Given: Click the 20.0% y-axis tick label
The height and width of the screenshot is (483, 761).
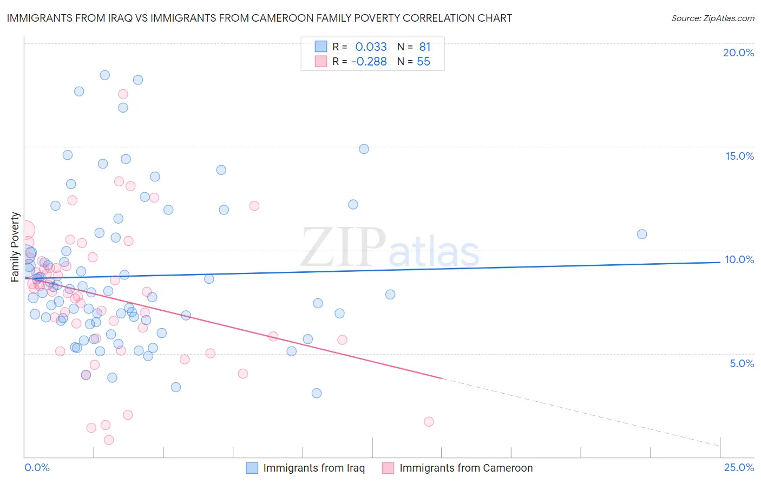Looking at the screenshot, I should pyautogui.click(x=738, y=53).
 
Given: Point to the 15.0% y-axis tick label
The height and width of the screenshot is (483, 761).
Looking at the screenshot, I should pyautogui.click(x=739, y=156).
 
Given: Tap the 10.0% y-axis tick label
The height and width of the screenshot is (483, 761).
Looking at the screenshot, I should pyautogui.click(x=739, y=259).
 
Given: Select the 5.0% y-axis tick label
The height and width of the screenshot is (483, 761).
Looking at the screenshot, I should pyautogui.click(x=742, y=363).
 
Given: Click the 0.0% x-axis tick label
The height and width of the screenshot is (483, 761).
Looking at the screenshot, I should pyautogui.click(x=37, y=467).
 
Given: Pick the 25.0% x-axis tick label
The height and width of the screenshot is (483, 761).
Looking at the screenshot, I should pyautogui.click(x=739, y=467).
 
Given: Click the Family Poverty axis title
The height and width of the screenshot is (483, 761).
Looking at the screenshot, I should pyautogui.click(x=15, y=247).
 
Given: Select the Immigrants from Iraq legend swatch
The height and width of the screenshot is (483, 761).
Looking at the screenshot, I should pyautogui.click(x=252, y=468).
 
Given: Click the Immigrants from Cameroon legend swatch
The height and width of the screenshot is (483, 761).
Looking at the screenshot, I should pyautogui.click(x=388, y=468).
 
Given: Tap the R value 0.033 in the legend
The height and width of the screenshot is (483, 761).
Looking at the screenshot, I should pyautogui.click(x=371, y=47).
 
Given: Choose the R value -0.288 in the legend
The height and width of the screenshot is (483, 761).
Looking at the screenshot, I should pyautogui.click(x=369, y=62).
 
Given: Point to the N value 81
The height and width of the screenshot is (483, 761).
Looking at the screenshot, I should pyautogui.click(x=424, y=47).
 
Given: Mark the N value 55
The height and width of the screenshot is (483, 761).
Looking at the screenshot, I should pyautogui.click(x=423, y=62).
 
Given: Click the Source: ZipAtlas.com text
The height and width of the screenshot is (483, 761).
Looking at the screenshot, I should pyautogui.click(x=712, y=18).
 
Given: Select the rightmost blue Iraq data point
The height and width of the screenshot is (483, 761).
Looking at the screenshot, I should pyautogui.click(x=642, y=234).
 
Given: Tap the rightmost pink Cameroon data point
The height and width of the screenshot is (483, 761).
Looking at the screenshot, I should pyautogui.click(x=429, y=421).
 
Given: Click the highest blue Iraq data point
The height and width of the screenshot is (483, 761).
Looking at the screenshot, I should pyautogui.click(x=105, y=75).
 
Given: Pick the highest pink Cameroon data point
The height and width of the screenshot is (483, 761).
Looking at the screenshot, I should pyautogui.click(x=123, y=94).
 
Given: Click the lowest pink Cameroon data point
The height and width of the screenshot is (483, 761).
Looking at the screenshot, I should pyautogui.click(x=109, y=440).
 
